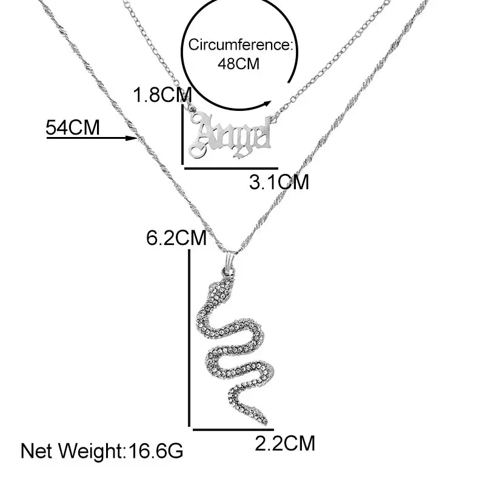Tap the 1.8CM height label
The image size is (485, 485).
[x=162, y=95]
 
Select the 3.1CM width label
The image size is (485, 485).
[x=279, y=181]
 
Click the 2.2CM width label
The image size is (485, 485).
[x=285, y=444]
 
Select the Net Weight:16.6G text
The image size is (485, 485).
[x=102, y=451]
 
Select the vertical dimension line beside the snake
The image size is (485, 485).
[x=190, y=339]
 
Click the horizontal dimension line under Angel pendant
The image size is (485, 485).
[x=230, y=168]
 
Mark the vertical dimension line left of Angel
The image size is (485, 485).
[x=182, y=133]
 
